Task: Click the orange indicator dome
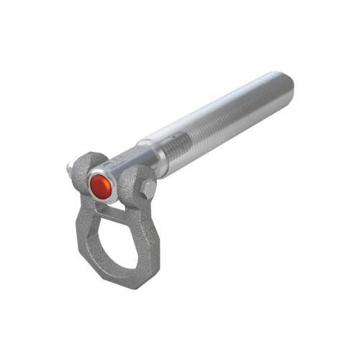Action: pyautogui.click(x=101, y=188)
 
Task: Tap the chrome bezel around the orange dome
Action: pyautogui.click(x=91, y=179)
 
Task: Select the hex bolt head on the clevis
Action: pyautogui.click(x=148, y=189)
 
